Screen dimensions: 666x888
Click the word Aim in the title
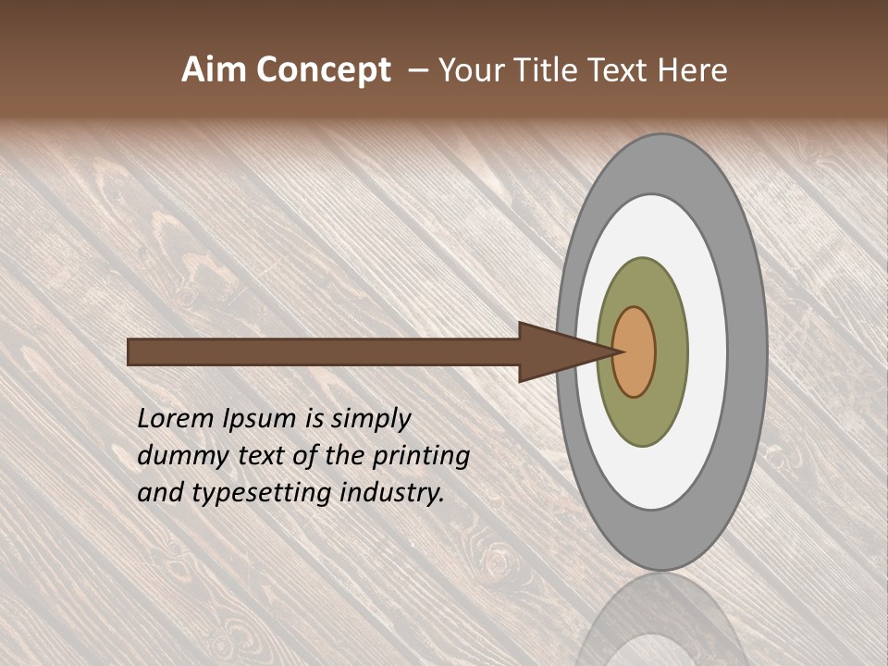[215, 70]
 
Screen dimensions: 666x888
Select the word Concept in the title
[324, 71]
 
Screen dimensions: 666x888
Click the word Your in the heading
[472, 70]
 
